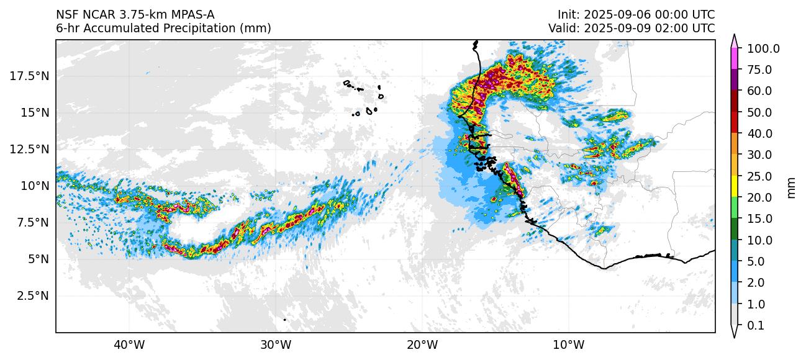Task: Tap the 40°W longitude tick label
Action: (129, 344)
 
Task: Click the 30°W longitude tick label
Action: (276, 344)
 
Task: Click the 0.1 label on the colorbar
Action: (756, 326)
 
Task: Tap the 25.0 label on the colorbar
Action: (759, 176)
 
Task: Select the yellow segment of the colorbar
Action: (735, 187)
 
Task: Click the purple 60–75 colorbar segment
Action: (735, 80)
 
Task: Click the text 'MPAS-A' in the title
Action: (194, 14)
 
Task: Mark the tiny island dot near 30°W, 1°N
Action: (284, 320)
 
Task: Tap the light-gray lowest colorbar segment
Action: (735, 315)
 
